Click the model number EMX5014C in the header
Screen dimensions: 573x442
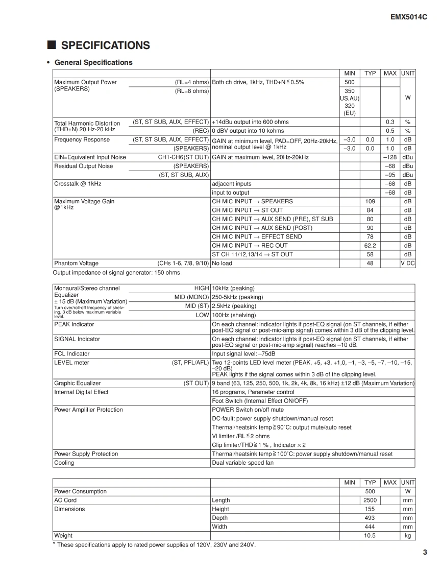(x=408, y=17)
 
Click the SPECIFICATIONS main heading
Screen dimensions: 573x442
(x=105, y=45)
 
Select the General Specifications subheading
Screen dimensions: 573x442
(x=93, y=62)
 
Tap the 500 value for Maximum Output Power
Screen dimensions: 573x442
(x=350, y=82)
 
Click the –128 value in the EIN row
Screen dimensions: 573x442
(x=390, y=157)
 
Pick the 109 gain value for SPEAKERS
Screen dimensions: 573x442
(x=370, y=201)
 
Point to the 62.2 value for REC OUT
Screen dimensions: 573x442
(x=370, y=246)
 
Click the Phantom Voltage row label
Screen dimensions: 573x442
(x=76, y=264)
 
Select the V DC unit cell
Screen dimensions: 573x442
(x=408, y=264)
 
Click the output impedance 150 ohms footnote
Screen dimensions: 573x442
(x=116, y=273)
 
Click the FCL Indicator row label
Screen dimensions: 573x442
(x=71, y=353)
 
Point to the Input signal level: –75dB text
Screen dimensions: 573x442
(x=243, y=353)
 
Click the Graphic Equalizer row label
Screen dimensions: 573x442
(x=77, y=383)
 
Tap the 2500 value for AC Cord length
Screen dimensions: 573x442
(x=370, y=500)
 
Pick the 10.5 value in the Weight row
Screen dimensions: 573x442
(x=370, y=536)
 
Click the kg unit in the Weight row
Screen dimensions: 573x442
(x=408, y=536)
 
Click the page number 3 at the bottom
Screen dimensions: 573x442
(x=425, y=551)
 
